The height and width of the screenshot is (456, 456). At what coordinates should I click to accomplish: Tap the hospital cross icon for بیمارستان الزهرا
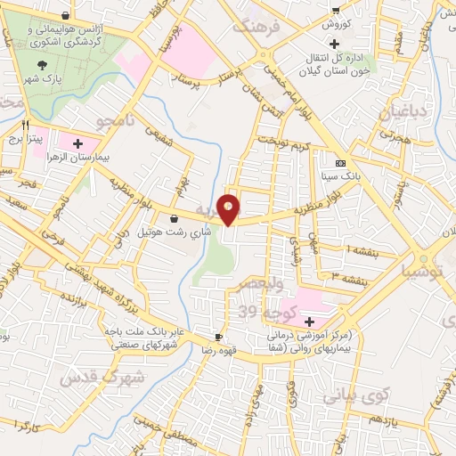tap(77, 143)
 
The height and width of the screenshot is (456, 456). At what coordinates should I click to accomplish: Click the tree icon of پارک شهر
tap(44, 64)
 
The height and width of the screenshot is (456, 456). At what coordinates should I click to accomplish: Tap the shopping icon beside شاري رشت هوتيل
tap(173, 217)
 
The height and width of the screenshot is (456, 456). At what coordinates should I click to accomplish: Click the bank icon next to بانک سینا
tap(340, 164)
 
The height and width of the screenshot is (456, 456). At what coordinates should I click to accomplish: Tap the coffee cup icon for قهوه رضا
tap(219, 337)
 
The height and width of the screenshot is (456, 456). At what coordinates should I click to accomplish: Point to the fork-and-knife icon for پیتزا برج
tap(27, 125)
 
